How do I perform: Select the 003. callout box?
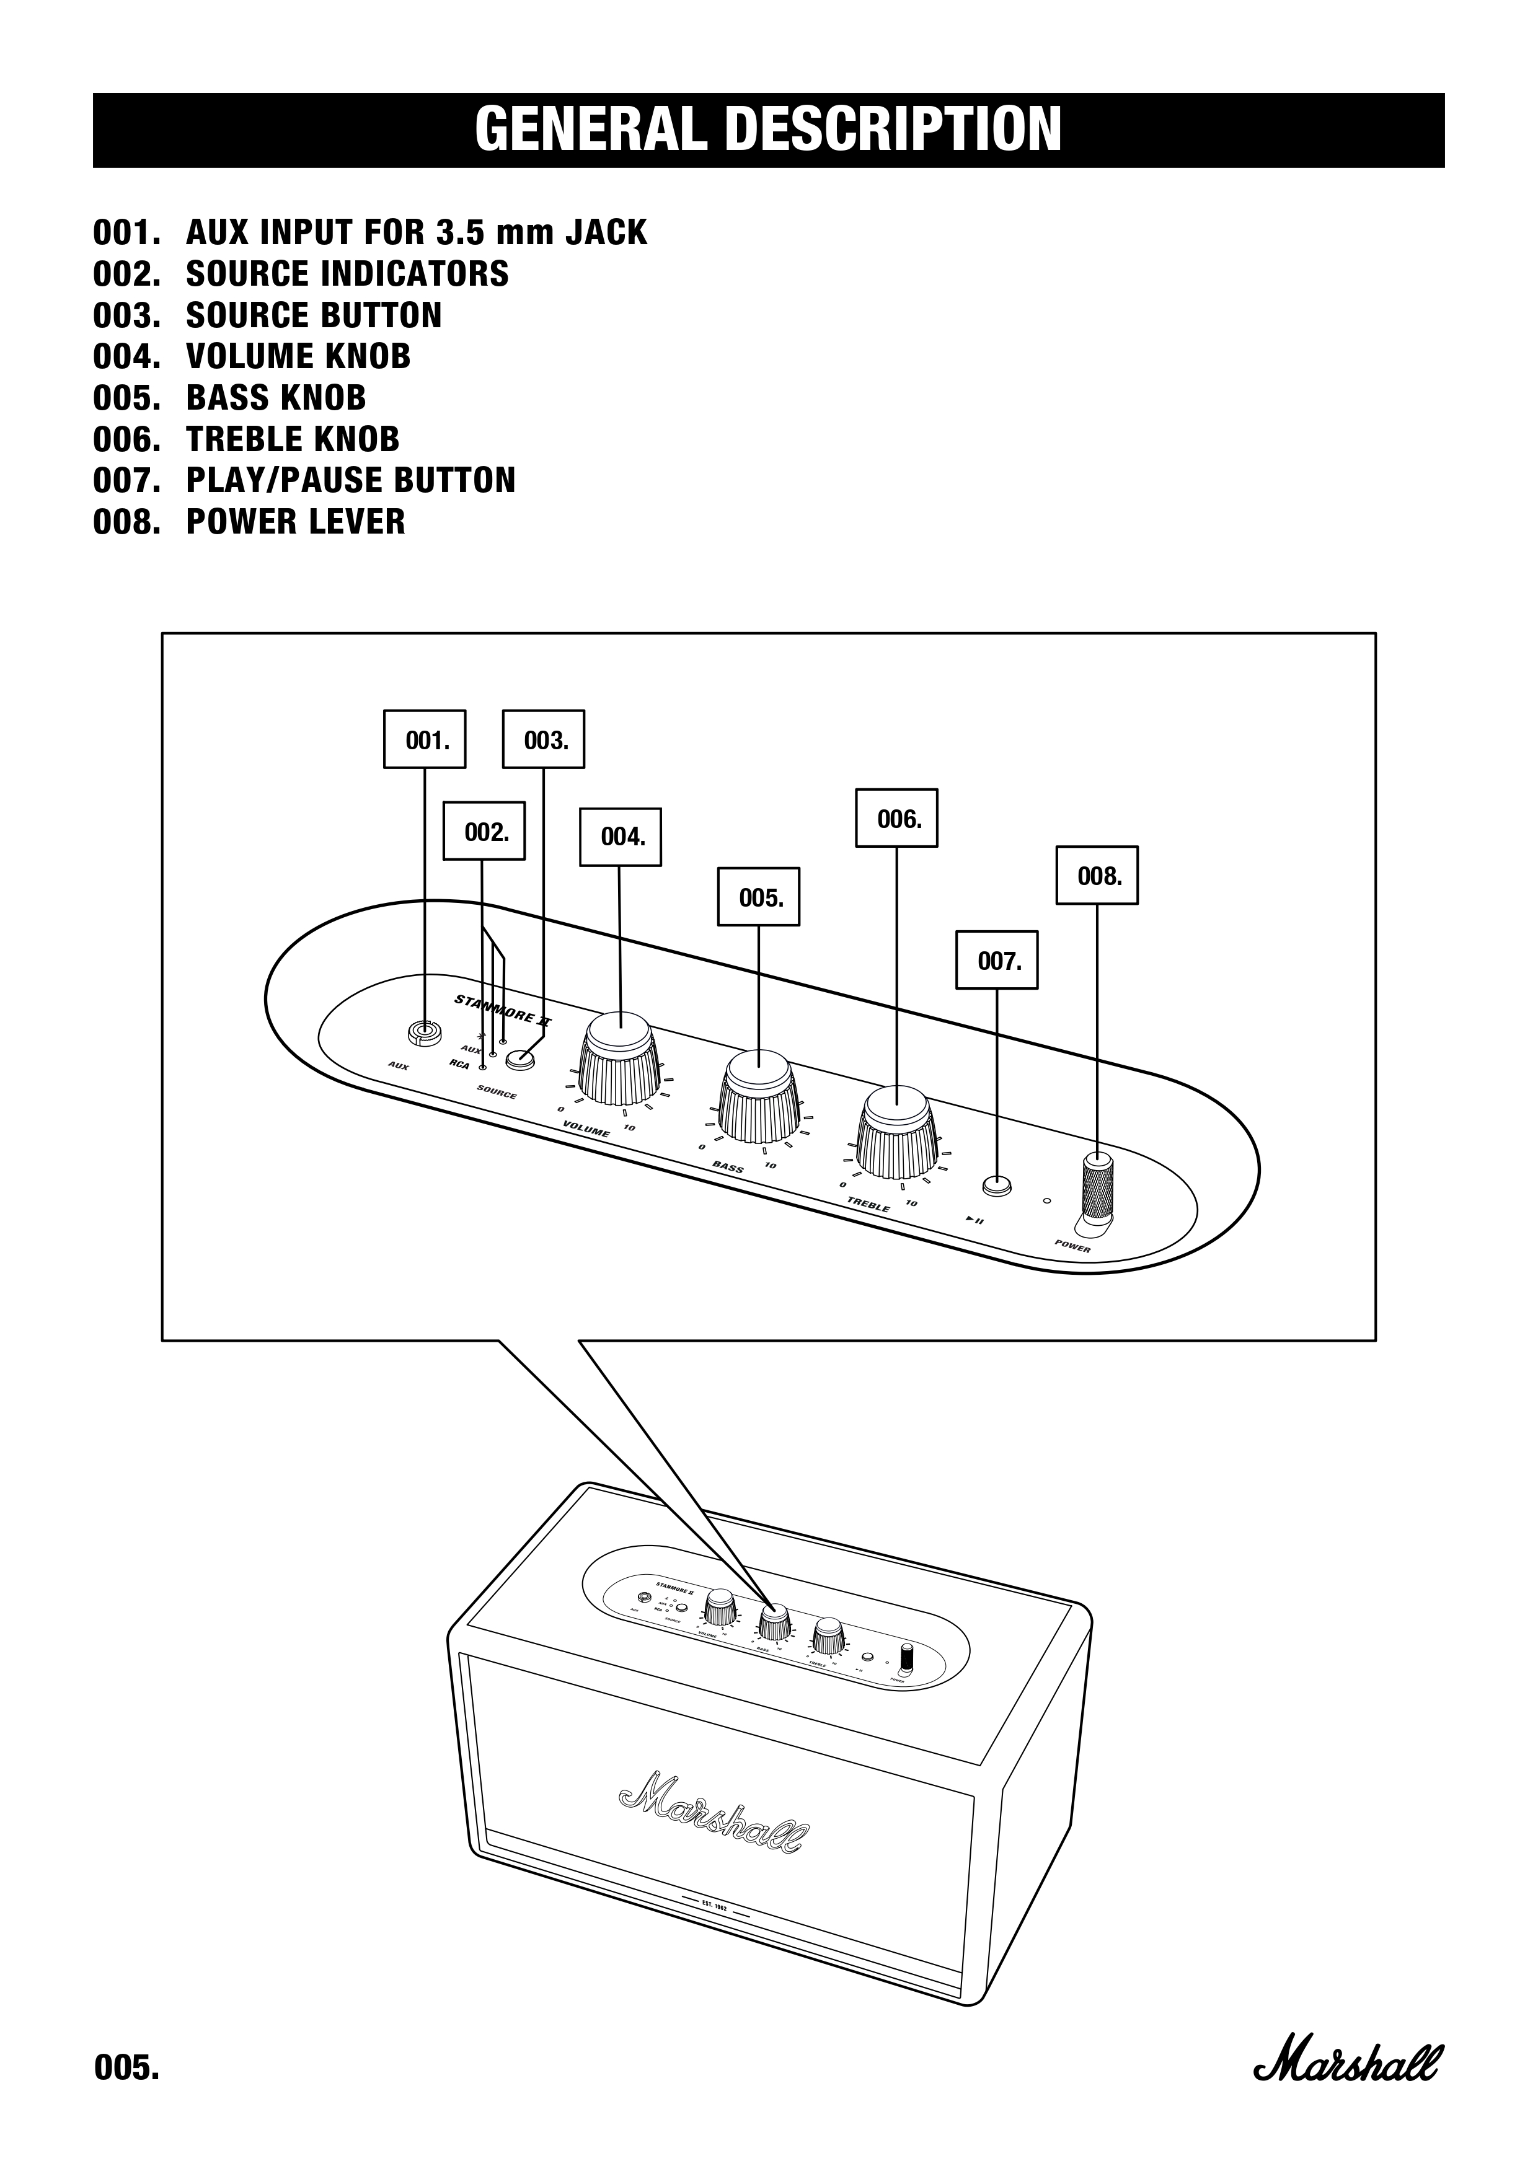pos(542,739)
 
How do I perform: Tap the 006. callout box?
pos(896,818)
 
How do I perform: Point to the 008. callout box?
pos(1097,875)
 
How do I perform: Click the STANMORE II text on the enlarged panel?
pos(502,1010)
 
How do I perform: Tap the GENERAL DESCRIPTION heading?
pos(768,130)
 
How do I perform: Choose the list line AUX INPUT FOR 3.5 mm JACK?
pos(369,232)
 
